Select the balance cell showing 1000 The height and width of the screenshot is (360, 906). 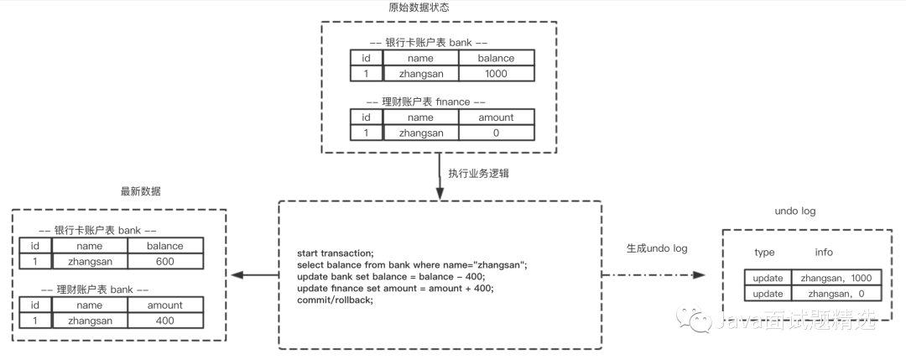[495, 73]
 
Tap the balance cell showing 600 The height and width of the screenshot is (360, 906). [166, 261]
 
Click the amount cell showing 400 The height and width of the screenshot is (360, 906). [164, 321]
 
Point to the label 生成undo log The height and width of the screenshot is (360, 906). [657, 248]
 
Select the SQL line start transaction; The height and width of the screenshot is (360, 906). [336, 253]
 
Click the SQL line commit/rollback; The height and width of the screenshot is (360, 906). [335, 300]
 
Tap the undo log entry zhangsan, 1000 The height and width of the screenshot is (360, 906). [836, 278]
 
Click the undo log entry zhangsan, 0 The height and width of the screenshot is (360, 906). [836, 294]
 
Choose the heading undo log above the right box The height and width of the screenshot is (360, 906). [797, 211]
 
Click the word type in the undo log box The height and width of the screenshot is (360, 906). [764, 252]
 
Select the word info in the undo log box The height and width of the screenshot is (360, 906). [825, 252]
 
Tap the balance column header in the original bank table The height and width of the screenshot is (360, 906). [495, 58]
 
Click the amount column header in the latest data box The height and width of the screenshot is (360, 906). [164, 305]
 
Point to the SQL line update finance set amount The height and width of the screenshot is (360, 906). [395, 288]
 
